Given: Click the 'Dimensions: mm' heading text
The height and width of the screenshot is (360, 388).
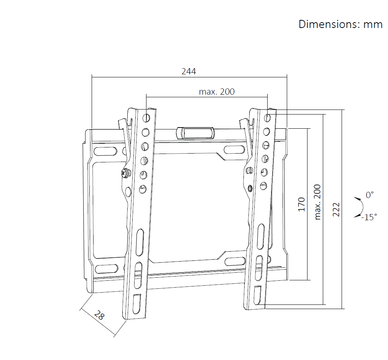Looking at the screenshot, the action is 340,24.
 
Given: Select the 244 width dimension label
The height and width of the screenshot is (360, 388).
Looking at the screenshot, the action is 189,71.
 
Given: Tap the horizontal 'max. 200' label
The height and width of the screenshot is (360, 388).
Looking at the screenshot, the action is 217,92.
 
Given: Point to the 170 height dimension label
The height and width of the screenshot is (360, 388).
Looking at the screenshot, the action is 301,204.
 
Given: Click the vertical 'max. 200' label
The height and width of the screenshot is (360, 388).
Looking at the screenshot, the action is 317,202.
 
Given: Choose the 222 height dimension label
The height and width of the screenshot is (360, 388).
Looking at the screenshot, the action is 336,209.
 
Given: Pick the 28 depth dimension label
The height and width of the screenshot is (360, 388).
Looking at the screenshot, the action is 99,315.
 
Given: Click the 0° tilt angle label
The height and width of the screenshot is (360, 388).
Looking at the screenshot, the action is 370,195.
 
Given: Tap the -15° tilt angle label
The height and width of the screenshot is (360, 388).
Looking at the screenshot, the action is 369,217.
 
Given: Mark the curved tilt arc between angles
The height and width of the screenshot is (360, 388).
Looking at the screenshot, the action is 362,207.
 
